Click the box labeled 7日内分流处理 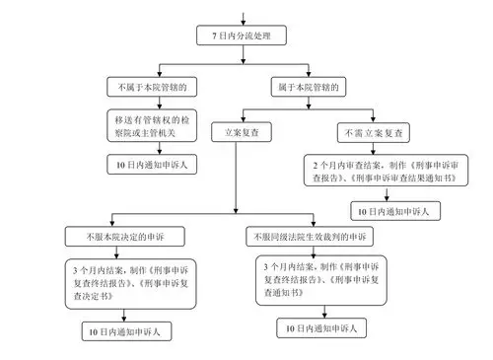(x=241, y=36)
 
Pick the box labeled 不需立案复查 (x=372, y=131)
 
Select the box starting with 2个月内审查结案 (x=372, y=176)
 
